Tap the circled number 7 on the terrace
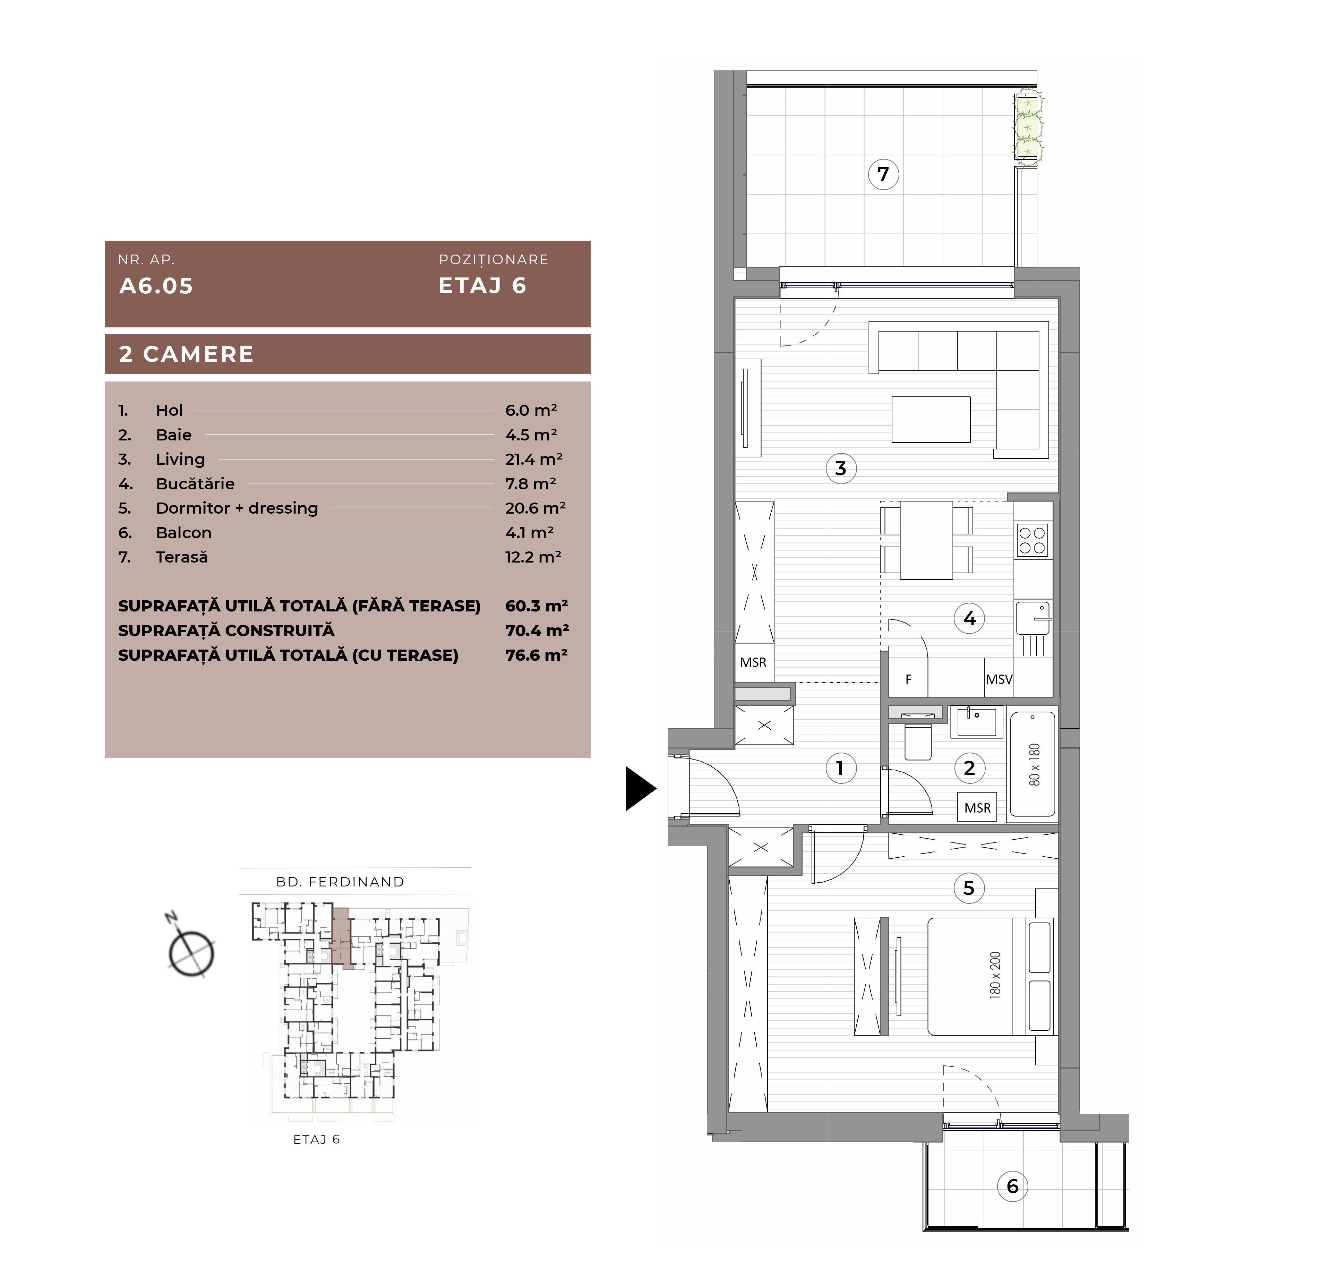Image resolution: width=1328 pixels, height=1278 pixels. [x=883, y=174]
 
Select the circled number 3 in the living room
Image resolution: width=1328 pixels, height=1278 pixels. [x=841, y=468]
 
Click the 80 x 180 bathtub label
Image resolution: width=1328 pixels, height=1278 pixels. [x=1034, y=764]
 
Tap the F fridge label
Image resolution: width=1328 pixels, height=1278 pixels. [x=909, y=679]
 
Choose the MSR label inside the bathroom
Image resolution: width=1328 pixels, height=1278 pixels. [x=977, y=808]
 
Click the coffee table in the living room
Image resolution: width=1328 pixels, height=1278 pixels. [x=931, y=419]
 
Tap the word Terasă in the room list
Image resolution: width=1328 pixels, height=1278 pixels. [x=182, y=557]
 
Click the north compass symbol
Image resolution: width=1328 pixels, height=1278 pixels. [x=190, y=949]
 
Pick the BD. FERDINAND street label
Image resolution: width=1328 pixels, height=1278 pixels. [x=340, y=882]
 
